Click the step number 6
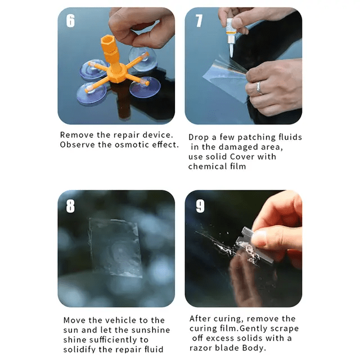pyautogui.click(x=70, y=21)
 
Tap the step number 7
pyautogui.click(x=199, y=21)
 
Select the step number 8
pyautogui.click(x=70, y=206)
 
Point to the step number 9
pyautogui.click(x=200, y=206)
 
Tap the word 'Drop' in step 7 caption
pyautogui.click(x=199, y=137)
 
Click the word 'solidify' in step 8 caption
pyautogui.click(x=80, y=349)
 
